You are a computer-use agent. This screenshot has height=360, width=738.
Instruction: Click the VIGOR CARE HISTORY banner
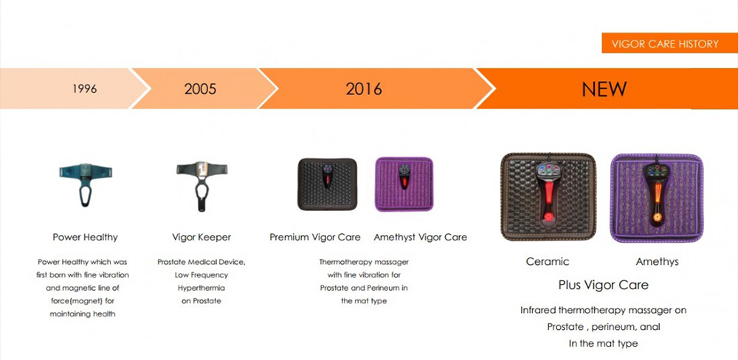665,44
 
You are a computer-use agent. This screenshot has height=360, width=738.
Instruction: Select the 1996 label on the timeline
85,89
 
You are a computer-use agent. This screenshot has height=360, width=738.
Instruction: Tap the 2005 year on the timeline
201,89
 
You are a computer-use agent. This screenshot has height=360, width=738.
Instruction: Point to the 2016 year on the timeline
364,89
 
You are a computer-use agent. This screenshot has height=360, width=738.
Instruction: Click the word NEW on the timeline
604,89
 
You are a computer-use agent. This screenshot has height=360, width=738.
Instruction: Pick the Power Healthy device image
86,184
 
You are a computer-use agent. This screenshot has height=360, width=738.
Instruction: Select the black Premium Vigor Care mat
327,184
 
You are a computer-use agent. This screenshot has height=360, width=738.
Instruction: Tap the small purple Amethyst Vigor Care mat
404,184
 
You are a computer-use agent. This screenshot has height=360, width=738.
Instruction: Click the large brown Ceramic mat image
548,197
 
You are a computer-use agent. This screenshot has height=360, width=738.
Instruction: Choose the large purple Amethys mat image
657,198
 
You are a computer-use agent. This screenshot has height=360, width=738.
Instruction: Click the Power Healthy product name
85,238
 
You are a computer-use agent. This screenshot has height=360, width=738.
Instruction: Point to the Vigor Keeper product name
201,238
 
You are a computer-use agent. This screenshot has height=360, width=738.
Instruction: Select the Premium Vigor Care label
315,238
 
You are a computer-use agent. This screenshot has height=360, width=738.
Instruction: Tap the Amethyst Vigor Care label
421,238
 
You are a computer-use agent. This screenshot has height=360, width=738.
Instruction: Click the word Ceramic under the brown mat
548,262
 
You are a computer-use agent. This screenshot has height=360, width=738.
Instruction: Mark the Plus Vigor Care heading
604,285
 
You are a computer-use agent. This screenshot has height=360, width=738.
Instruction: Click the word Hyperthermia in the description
201,288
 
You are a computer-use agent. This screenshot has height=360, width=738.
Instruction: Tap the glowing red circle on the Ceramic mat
548,217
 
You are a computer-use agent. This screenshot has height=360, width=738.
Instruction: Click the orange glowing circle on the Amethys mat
657,218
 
